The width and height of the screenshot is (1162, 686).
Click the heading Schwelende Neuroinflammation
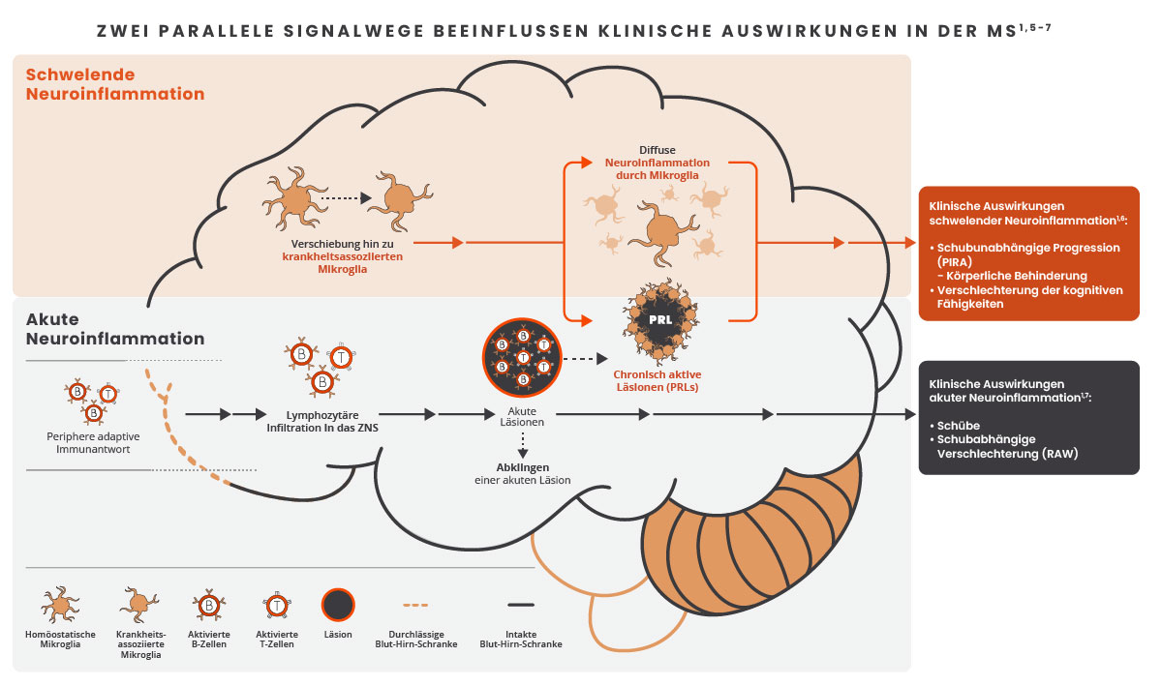tap(115, 84)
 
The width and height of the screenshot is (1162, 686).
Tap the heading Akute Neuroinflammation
tap(115, 329)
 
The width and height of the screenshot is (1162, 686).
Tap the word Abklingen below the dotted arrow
tap(522, 466)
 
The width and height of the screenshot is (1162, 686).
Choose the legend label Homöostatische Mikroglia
tap(60, 640)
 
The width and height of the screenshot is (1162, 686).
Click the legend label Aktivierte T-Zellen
tap(274, 640)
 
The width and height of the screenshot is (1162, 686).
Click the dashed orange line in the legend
tap(415, 606)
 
